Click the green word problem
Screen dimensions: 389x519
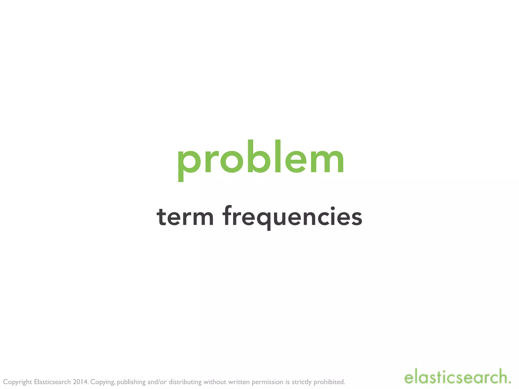tap(261, 160)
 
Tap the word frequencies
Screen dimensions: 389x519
tap(293, 217)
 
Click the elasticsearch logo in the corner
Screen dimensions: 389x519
tap(457, 378)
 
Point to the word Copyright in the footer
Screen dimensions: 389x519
tap(17, 382)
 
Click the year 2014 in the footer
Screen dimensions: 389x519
tap(80, 382)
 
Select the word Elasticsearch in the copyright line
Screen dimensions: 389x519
tap(52, 382)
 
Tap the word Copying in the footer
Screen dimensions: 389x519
tap(103, 382)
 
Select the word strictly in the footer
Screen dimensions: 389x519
tap(302, 382)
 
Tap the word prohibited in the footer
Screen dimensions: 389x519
tap(329, 382)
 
